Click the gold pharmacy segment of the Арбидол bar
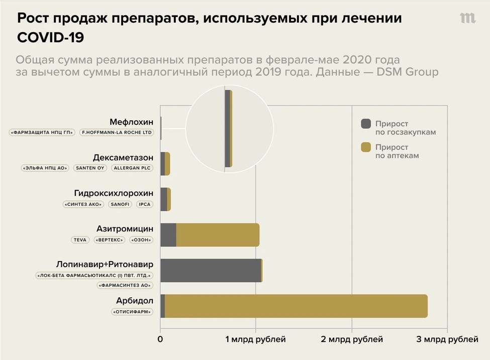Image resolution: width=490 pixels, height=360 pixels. [x=296, y=306]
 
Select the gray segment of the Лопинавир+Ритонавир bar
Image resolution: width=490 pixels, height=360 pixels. [x=211, y=271]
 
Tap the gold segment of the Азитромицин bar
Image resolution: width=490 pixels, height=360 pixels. [x=218, y=235]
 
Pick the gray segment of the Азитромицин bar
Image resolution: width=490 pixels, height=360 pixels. [x=168, y=235]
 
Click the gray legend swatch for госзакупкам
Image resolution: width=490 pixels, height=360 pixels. [x=366, y=124]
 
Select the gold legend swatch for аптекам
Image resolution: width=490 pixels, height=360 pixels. [x=366, y=147]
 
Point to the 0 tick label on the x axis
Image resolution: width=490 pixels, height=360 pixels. [x=160, y=339]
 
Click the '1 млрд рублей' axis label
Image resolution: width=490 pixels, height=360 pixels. [x=256, y=339]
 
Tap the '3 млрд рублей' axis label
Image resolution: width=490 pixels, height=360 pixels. [x=447, y=339]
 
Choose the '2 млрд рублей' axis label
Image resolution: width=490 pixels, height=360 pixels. [x=352, y=339]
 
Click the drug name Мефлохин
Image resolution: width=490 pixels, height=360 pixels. [x=131, y=122]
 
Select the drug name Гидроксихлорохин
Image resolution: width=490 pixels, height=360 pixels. [x=114, y=193]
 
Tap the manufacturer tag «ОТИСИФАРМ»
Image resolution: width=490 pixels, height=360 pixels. [x=133, y=312]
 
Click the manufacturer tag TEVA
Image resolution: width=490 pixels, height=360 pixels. [x=80, y=240]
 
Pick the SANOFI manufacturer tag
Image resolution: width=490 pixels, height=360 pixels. [x=120, y=204]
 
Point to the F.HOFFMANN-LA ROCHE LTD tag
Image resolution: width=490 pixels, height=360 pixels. [x=117, y=133]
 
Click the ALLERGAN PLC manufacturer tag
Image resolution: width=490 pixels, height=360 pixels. [x=132, y=168]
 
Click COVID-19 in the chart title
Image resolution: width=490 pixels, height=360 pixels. [x=51, y=38]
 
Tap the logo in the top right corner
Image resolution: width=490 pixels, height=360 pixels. [x=468, y=18]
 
